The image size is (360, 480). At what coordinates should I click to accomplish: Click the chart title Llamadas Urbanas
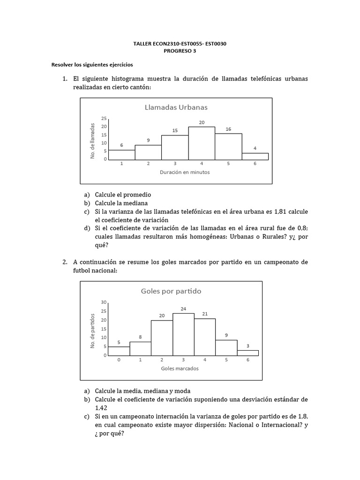(176, 107)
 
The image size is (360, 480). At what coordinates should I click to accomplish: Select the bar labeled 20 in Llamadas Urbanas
(202, 143)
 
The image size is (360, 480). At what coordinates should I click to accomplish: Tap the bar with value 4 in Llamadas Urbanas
(255, 156)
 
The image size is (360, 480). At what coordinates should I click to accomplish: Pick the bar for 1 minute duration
(121, 154)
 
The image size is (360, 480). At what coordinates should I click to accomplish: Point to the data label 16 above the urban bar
(228, 129)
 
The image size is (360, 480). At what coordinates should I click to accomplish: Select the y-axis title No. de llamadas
(93, 140)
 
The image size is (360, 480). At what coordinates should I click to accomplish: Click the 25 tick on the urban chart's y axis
(104, 118)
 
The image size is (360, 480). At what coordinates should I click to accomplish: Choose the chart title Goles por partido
(171, 291)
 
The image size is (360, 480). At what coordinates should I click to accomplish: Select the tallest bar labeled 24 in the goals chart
(183, 334)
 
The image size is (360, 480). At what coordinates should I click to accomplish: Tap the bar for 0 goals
(119, 351)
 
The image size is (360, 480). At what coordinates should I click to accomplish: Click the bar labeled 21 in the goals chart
(204, 337)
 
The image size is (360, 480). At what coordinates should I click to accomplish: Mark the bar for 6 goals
(247, 352)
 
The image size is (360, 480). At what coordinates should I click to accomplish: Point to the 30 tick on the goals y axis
(104, 302)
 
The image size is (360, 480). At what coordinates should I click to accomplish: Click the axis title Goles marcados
(180, 368)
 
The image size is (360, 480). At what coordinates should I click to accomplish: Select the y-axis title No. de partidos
(93, 330)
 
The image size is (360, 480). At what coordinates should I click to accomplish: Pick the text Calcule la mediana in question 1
(121, 203)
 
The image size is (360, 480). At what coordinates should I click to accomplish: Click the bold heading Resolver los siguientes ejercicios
(92, 65)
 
